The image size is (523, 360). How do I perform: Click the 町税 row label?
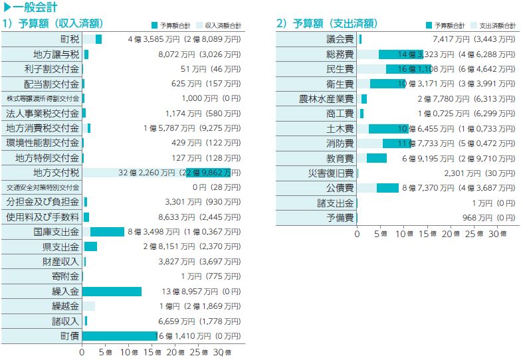tap(69, 39)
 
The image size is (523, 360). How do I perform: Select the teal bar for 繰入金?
tap(112, 291)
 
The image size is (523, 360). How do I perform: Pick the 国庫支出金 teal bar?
tap(108, 232)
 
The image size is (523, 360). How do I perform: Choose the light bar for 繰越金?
tap(88, 306)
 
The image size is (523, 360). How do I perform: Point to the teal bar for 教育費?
tap(377, 158)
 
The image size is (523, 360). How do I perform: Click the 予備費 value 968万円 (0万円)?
tap(488, 217)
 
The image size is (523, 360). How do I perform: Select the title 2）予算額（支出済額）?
tap(326, 24)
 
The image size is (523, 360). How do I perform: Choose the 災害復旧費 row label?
tap(331, 173)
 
